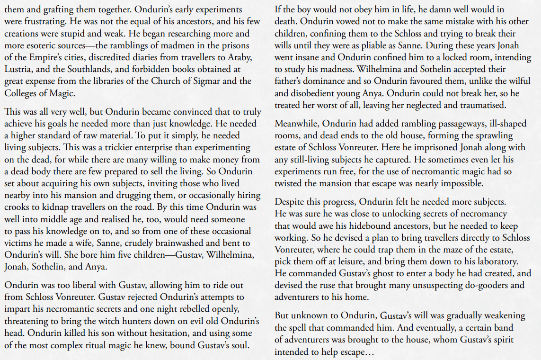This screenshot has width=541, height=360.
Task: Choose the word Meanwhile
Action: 297,124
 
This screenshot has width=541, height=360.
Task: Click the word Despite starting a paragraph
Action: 291,203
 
